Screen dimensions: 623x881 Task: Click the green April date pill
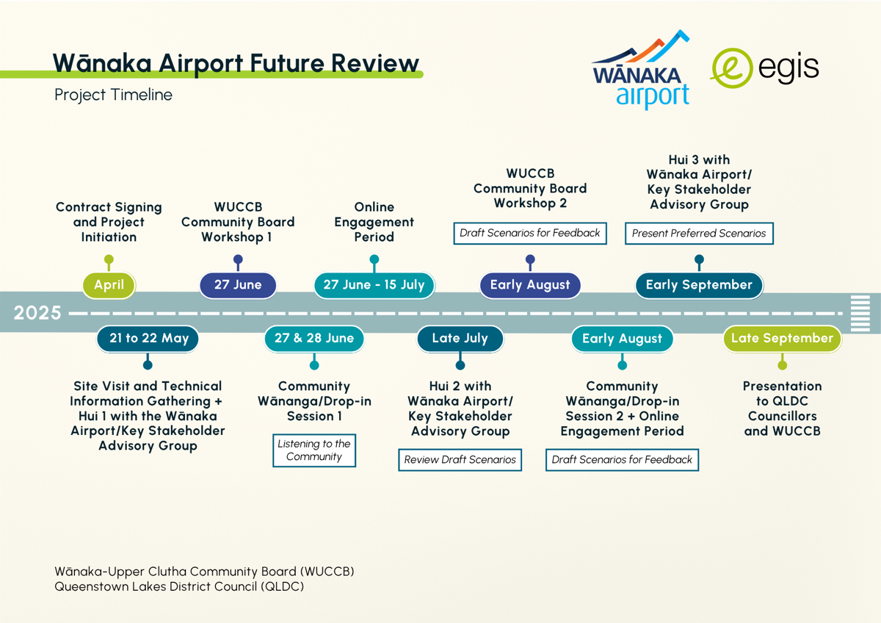pyautogui.click(x=109, y=285)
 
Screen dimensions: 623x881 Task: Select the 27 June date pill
pyautogui.click(x=238, y=285)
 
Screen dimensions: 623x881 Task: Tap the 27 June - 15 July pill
pyautogui.click(x=374, y=285)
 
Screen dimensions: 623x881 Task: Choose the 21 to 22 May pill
pyautogui.click(x=148, y=339)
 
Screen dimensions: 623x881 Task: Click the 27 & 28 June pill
pyautogui.click(x=314, y=339)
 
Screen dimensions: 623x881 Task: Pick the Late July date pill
pyautogui.click(x=460, y=339)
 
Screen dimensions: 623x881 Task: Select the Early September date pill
pyautogui.click(x=699, y=285)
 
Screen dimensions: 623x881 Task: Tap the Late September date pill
pyautogui.click(x=782, y=339)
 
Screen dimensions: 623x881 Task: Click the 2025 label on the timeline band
pyautogui.click(x=37, y=313)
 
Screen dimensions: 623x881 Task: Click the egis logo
pyautogui.click(x=764, y=68)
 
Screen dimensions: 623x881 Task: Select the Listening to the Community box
pyautogui.click(x=314, y=450)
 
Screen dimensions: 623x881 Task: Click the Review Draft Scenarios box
pyautogui.click(x=460, y=460)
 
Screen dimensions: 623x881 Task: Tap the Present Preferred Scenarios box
pyautogui.click(x=699, y=234)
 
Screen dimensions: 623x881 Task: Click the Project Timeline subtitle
pyautogui.click(x=113, y=95)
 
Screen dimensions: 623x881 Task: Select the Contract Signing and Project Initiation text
pyautogui.click(x=109, y=222)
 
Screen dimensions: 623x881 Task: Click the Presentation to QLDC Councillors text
pyautogui.click(x=782, y=408)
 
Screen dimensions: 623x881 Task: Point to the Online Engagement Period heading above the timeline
pyautogui.click(x=374, y=222)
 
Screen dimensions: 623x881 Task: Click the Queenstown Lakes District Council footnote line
pyautogui.click(x=179, y=586)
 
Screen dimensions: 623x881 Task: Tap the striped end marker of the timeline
pyautogui.click(x=860, y=313)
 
